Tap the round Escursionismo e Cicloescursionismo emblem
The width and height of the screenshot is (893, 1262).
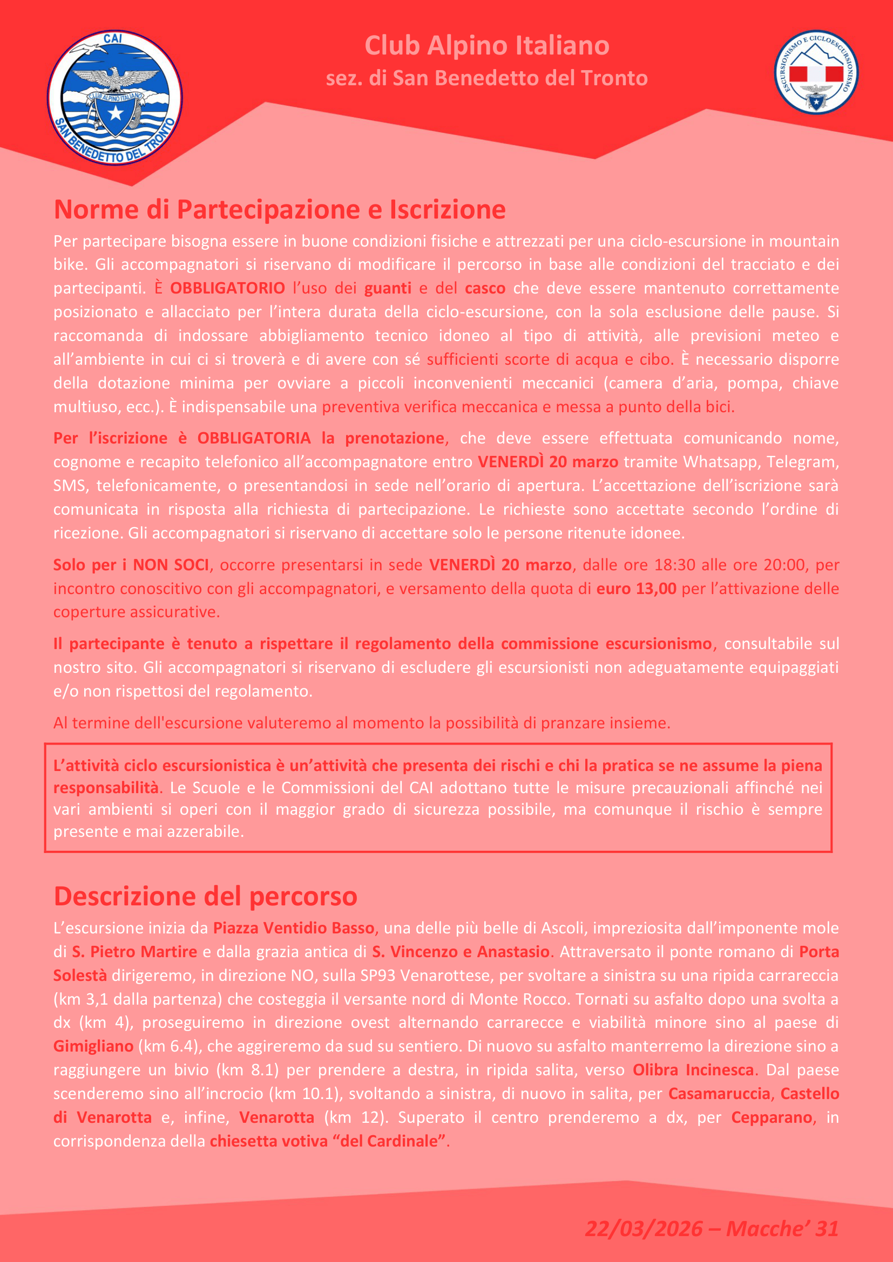pos(816,72)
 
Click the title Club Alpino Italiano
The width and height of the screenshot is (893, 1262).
pos(486,46)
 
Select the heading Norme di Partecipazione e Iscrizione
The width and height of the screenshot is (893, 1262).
pos(279,209)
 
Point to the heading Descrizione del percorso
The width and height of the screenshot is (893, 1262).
pos(205,896)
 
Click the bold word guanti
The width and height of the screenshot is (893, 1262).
pos(388,288)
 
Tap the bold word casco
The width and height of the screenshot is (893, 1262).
pos(484,288)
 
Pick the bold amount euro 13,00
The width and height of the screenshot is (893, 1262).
pos(636,588)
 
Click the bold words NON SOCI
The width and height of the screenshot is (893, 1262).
pos(171,564)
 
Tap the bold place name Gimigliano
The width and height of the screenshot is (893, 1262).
pos(93,1046)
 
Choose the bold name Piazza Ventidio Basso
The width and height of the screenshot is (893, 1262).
pos(294,928)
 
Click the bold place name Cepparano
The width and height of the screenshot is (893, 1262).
pos(772,1117)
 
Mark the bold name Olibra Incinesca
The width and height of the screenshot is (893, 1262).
pos(693,1069)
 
